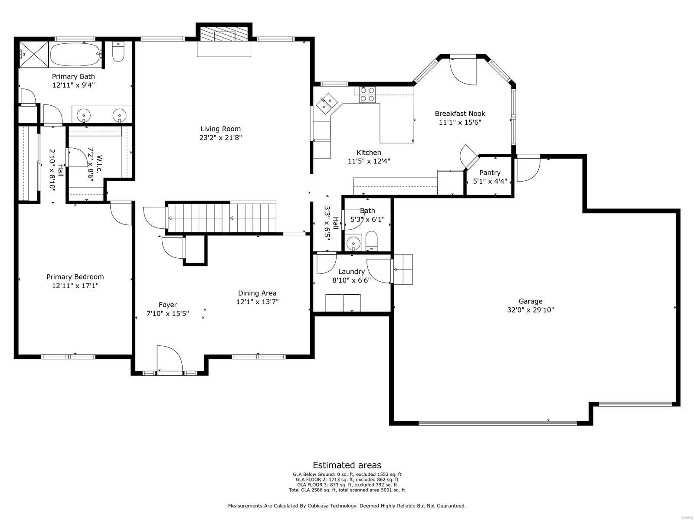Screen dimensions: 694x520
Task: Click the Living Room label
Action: (220, 129)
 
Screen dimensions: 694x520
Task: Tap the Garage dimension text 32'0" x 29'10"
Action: (530, 310)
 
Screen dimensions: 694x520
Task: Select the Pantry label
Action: (490, 172)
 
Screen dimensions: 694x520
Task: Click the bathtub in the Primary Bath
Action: (76, 54)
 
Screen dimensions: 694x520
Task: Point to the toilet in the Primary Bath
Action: (118, 52)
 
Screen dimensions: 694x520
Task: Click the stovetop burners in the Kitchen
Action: (367, 94)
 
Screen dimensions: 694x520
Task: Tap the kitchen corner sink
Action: (327, 104)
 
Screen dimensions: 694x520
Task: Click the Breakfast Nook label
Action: (460, 114)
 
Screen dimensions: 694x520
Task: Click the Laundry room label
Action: (351, 272)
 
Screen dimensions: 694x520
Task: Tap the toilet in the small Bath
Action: (371, 240)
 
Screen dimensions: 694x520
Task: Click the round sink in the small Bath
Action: (353, 244)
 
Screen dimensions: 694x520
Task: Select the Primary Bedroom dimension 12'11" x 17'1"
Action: (75, 286)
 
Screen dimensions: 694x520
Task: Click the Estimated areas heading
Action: (347, 465)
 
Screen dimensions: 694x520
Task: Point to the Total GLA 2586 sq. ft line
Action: (347, 490)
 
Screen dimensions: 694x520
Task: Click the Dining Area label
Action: (257, 293)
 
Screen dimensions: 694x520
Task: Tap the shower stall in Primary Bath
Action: (34, 54)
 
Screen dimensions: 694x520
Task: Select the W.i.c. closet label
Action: (99, 164)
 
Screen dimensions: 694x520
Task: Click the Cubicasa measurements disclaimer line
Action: (347, 505)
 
